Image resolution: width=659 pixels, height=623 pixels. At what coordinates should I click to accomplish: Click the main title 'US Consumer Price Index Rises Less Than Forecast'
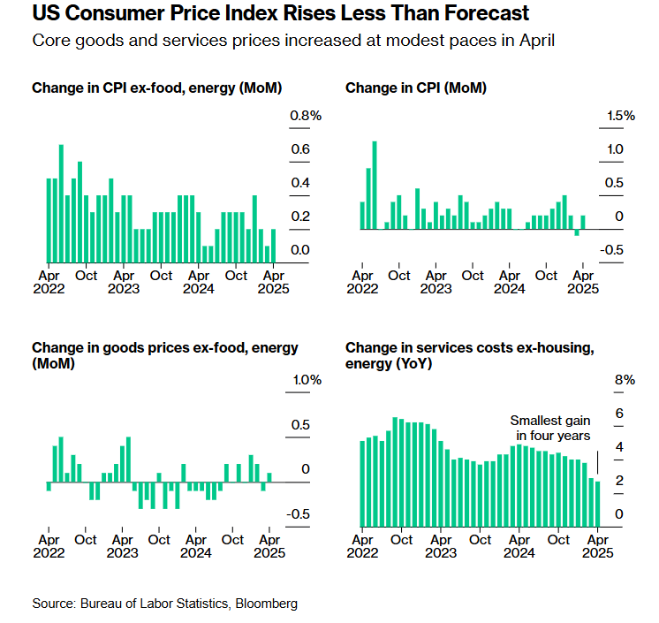click(x=280, y=14)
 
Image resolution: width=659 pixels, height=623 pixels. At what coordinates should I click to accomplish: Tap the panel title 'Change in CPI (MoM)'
click(x=415, y=88)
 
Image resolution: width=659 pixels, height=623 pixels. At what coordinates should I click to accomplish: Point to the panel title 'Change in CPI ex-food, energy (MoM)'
click(x=163, y=88)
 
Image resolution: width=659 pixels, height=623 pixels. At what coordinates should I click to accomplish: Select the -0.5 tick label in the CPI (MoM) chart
click(x=613, y=250)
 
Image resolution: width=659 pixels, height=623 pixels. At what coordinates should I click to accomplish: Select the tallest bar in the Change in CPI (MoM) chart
click(x=375, y=185)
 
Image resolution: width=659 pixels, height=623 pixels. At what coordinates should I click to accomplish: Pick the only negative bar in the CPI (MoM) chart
click(x=577, y=232)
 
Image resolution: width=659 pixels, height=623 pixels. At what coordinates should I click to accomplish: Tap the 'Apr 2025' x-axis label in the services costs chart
click(x=598, y=547)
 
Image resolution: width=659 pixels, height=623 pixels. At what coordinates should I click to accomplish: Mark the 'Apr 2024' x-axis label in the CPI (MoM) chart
click(x=509, y=282)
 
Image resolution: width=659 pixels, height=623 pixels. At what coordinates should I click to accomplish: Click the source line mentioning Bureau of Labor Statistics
click(x=165, y=604)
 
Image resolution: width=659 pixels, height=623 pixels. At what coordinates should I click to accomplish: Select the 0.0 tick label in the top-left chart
click(x=300, y=250)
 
